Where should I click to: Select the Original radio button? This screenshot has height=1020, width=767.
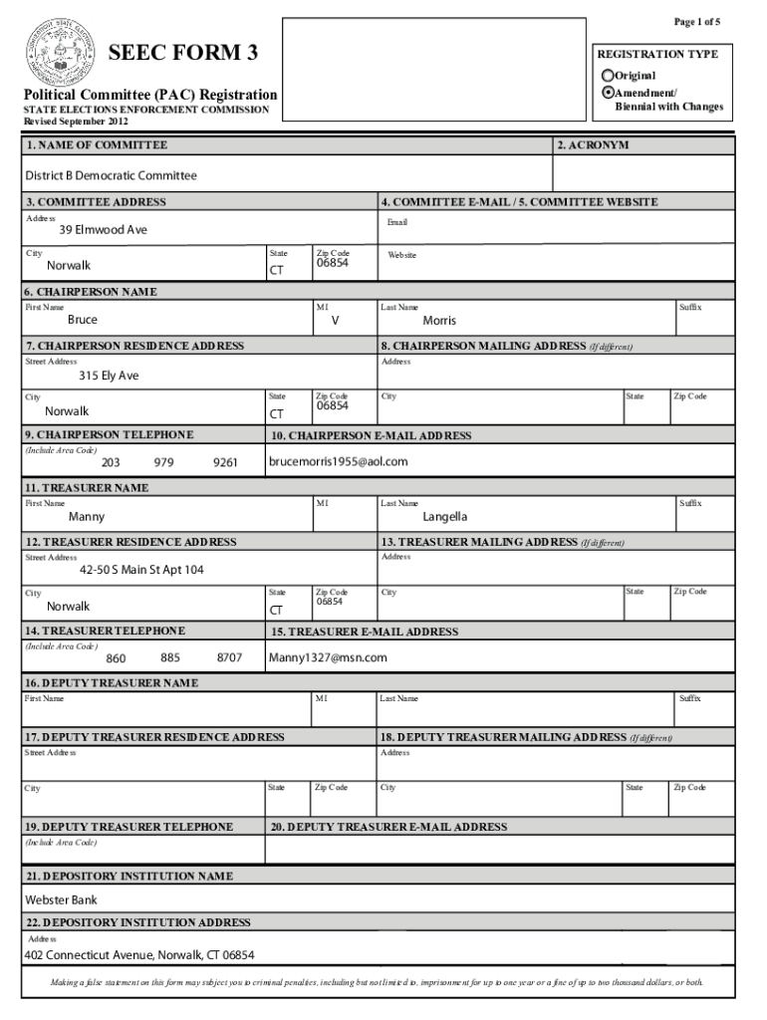tap(608, 76)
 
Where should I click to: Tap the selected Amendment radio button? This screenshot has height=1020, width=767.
tap(608, 92)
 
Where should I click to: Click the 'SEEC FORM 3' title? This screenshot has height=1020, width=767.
tap(189, 53)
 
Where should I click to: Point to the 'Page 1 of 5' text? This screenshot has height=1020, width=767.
tap(696, 22)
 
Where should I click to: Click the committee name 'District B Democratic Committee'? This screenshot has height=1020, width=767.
tap(111, 176)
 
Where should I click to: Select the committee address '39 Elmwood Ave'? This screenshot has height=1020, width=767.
tap(103, 230)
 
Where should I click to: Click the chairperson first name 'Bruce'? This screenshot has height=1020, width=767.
tap(83, 321)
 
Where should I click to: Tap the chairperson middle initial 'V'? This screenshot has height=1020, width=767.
tap(335, 321)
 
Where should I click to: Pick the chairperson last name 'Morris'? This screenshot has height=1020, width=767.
tap(439, 321)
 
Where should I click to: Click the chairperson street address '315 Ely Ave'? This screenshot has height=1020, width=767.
tap(109, 377)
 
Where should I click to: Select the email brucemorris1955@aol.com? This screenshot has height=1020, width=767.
tap(339, 462)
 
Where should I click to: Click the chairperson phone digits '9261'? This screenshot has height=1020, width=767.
tap(225, 462)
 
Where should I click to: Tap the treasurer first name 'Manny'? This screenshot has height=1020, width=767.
tap(87, 517)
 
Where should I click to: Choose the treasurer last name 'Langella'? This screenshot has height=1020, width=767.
tap(444, 517)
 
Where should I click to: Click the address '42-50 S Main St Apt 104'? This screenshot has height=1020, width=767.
tap(141, 571)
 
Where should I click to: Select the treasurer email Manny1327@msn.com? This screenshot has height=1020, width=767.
tap(328, 657)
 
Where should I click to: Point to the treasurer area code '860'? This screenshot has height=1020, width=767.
tap(116, 658)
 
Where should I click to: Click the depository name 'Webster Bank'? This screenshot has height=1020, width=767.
tap(61, 900)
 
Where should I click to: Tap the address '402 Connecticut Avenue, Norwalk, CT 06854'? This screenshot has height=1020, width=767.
tap(139, 955)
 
